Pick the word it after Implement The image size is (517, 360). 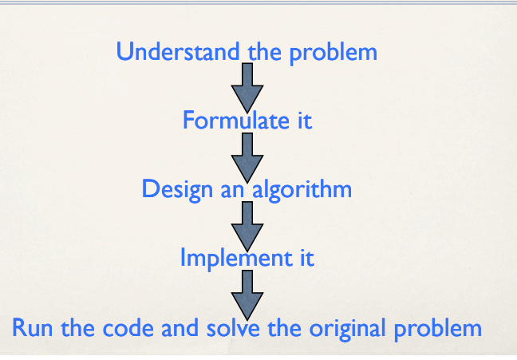[x=305, y=259]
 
